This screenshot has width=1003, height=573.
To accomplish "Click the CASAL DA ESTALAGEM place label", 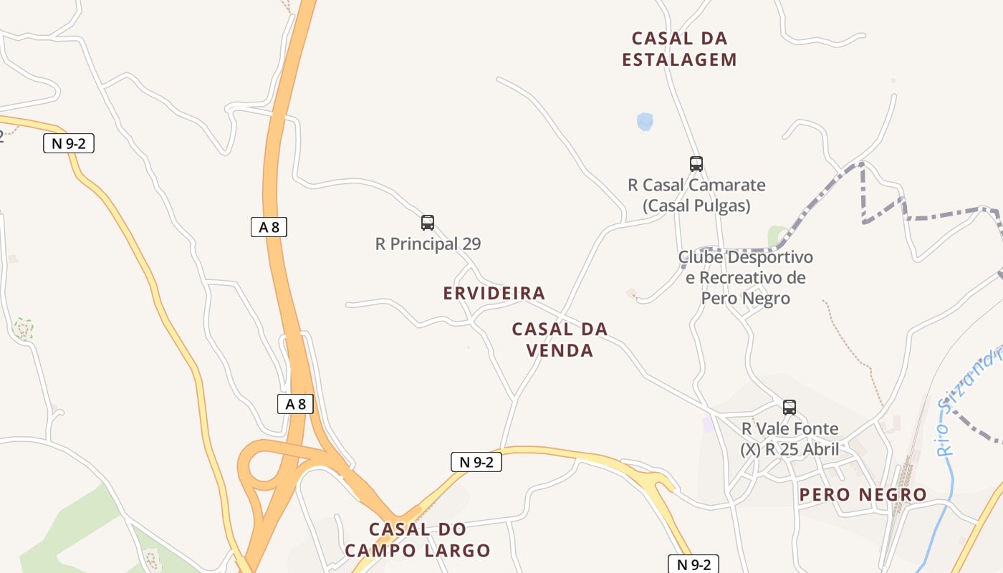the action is [x=678, y=49].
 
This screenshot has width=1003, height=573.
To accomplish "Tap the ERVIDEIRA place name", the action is [x=494, y=293].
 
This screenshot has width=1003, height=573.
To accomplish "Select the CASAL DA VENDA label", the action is [x=560, y=340].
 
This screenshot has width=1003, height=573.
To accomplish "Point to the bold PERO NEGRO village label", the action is [x=863, y=494].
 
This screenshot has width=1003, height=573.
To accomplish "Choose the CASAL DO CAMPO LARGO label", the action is [x=418, y=540].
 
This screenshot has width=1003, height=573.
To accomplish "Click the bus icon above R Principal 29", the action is [x=428, y=223].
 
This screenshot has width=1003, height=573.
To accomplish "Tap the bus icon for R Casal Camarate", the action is [x=696, y=164].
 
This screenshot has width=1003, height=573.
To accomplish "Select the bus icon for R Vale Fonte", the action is [x=789, y=408].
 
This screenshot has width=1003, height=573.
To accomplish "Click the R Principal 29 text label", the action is [x=428, y=244].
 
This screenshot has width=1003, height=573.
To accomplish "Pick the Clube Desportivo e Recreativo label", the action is [x=746, y=277].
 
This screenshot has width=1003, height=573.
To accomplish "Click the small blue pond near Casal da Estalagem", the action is [x=645, y=122].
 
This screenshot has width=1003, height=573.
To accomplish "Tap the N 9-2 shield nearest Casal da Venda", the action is [x=476, y=462].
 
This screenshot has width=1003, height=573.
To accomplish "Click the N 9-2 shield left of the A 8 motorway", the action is [x=69, y=143].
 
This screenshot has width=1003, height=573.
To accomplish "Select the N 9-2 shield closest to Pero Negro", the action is [x=693, y=564].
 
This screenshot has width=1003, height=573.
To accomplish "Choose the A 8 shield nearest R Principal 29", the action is [x=269, y=227].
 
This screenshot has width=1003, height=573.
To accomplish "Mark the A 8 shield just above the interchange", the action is [x=295, y=404].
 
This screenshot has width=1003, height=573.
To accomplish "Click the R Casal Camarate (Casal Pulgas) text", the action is [x=696, y=195].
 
